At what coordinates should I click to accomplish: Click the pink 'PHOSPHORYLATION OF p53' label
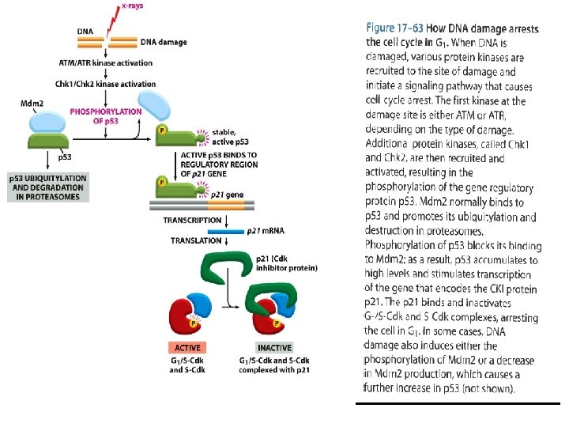106,116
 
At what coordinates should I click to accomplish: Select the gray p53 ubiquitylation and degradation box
48,187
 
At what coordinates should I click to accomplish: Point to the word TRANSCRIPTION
192,220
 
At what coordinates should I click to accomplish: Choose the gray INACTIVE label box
273,347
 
